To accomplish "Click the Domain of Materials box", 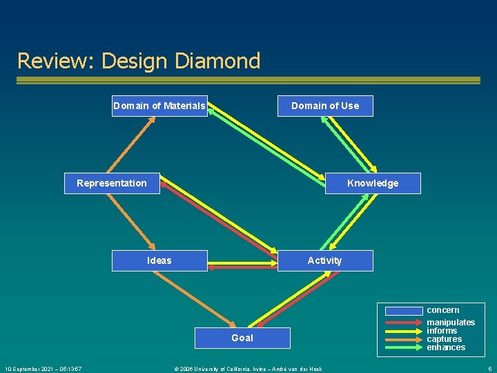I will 159,106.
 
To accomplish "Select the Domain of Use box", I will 325,106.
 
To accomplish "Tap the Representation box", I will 112,183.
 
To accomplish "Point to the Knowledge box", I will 373,183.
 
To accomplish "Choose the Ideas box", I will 159,260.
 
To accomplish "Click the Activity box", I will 325,260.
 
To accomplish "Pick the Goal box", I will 242,338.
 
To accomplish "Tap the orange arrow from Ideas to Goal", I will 200,298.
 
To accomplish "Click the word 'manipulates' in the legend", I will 451,323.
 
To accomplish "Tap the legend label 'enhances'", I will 446,347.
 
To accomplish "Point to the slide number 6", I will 489,369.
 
